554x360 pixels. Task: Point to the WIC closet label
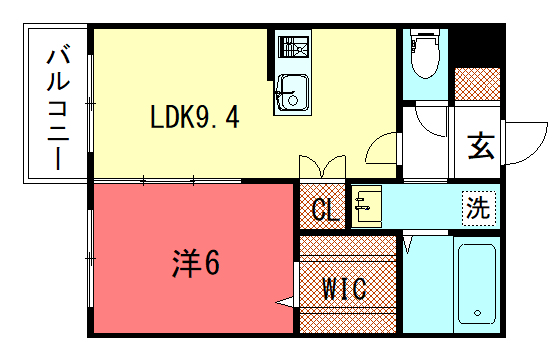pyautogui.click(x=345, y=289)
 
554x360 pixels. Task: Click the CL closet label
pyautogui.click(x=323, y=210)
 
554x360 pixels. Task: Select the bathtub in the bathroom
pyautogui.click(x=477, y=283)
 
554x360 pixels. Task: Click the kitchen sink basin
pyautogui.click(x=290, y=93)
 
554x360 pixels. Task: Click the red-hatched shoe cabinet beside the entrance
pyautogui.click(x=477, y=82)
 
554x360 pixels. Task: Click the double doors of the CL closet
pyautogui.click(x=322, y=166)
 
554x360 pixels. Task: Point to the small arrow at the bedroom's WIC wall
pyautogui.click(x=286, y=301)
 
